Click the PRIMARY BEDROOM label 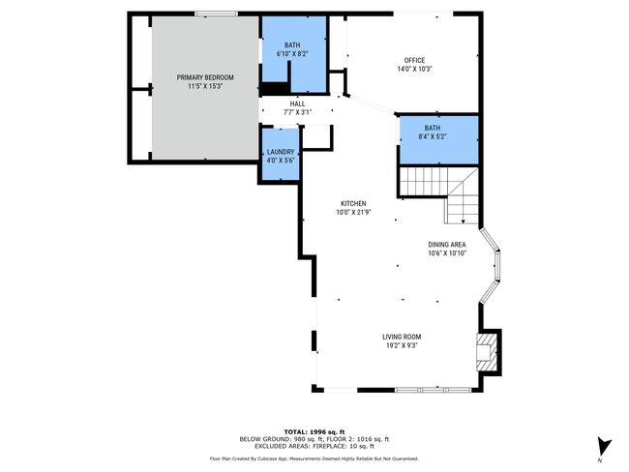[205, 77]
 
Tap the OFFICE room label [414, 60]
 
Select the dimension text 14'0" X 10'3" [414, 69]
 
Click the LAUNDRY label [281, 152]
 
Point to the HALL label [297, 103]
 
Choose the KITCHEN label [353, 204]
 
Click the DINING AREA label [447, 245]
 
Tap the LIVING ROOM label [402, 337]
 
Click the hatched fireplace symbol [486, 352]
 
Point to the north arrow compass [603, 446]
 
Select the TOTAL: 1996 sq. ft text [314, 432]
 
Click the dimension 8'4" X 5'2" [433, 136]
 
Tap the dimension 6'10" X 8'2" [292, 54]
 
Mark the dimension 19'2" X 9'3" [402, 345]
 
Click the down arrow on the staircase [463, 220]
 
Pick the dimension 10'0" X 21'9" [353, 213]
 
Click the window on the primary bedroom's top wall [216, 14]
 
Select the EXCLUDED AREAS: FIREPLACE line [314, 446]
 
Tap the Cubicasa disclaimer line [314, 458]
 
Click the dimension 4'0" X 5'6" [281, 161]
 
